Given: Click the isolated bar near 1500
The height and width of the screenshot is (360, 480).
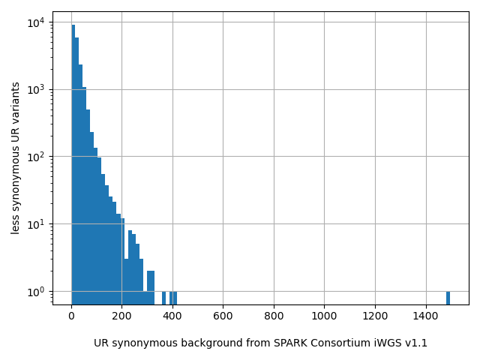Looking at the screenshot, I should (448, 298).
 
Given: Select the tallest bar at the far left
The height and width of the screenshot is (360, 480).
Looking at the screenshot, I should (73, 165).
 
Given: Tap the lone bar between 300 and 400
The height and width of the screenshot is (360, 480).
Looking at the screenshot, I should (163, 298).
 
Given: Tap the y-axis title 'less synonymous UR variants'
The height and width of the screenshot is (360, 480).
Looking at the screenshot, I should (16, 157).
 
